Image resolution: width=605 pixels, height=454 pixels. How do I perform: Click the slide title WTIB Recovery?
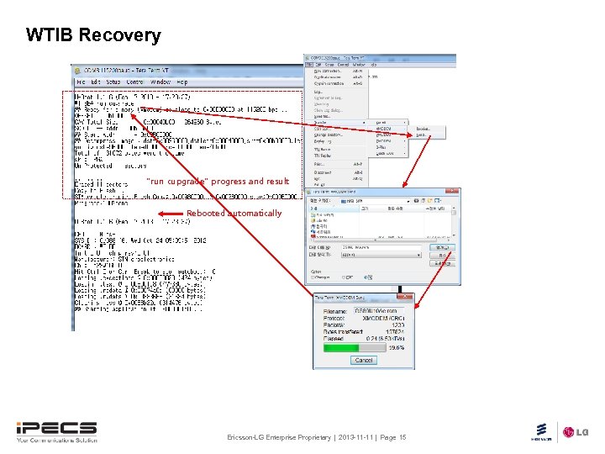coord(92,35)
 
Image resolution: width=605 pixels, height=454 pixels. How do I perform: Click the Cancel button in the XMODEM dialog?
coord(363,360)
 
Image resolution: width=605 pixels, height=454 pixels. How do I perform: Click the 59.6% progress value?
coord(396,346)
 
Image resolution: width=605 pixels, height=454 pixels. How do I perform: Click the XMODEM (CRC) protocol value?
coord(384,319)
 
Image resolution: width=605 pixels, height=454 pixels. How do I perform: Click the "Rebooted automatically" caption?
coord(234,214)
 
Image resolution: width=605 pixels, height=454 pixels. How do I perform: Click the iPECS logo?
coord(55,431)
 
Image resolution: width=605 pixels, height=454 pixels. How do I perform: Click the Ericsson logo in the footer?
coord(541,432)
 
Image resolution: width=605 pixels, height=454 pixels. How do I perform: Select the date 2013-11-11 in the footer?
coord(354,438)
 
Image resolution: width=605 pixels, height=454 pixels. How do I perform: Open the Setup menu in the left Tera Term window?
coord(113,82)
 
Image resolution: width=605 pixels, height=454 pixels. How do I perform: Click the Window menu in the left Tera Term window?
coord(160,82)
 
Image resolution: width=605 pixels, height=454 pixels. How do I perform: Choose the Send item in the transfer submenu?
coord(422,135)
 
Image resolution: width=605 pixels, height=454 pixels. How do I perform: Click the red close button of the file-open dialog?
coord(455,191)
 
